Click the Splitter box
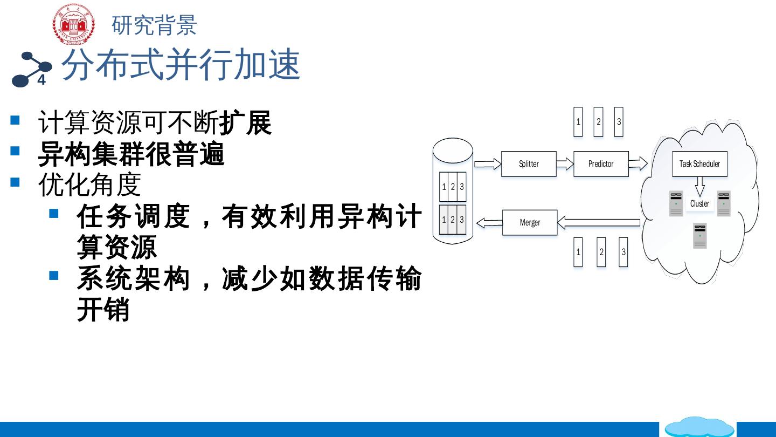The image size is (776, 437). (x=529, y=164)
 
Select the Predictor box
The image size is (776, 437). (x=601, y=164)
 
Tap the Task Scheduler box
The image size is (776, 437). (x=699, y=164)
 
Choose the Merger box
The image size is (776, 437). (x=530, y=222)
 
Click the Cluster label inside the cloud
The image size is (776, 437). (x=699, y=204)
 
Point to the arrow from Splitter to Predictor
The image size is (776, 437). (x=565, y=163)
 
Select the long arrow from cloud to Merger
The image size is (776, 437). (x=598, y=222)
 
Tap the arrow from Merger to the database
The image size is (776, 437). (x=489, y=221)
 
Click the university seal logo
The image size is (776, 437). (x=73, y=24)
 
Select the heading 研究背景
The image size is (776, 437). (x=154, y=25)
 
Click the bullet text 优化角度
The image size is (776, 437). (x=89, y=185)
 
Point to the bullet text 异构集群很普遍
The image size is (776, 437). (x=131, y=154)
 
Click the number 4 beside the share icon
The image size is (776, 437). (x=41, y=81)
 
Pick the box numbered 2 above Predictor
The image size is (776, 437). (x=598, y=121)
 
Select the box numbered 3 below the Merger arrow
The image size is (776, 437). (x=623, y=252)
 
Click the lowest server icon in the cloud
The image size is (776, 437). (x=699, y=236)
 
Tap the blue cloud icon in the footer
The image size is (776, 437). (x=699, y=427)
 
